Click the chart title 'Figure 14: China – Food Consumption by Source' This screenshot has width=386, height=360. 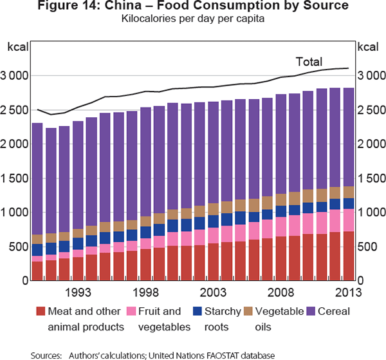coord(192,7)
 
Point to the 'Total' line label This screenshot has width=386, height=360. coord(308,62)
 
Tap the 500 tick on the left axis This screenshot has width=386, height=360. coord(20,247)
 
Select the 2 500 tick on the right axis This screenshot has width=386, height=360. coord(371,110)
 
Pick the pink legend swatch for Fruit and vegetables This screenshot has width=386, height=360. coord(131,312)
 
